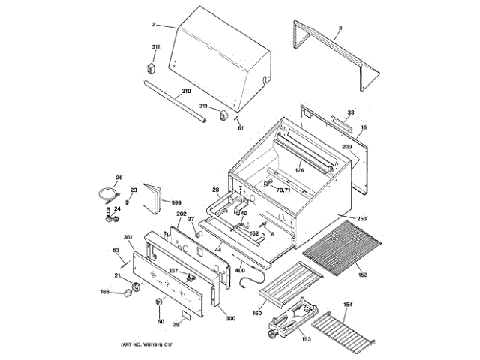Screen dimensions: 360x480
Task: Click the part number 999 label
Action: click(x=176, y=202)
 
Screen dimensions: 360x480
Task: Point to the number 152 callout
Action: click(x=363, y=275)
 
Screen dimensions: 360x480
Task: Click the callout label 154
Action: click(x=348, y=304)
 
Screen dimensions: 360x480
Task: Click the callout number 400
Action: click(x=240, y=269)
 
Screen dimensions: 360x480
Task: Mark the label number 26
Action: click(x=118, y=178)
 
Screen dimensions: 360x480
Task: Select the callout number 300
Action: click(x=230, y=318)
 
